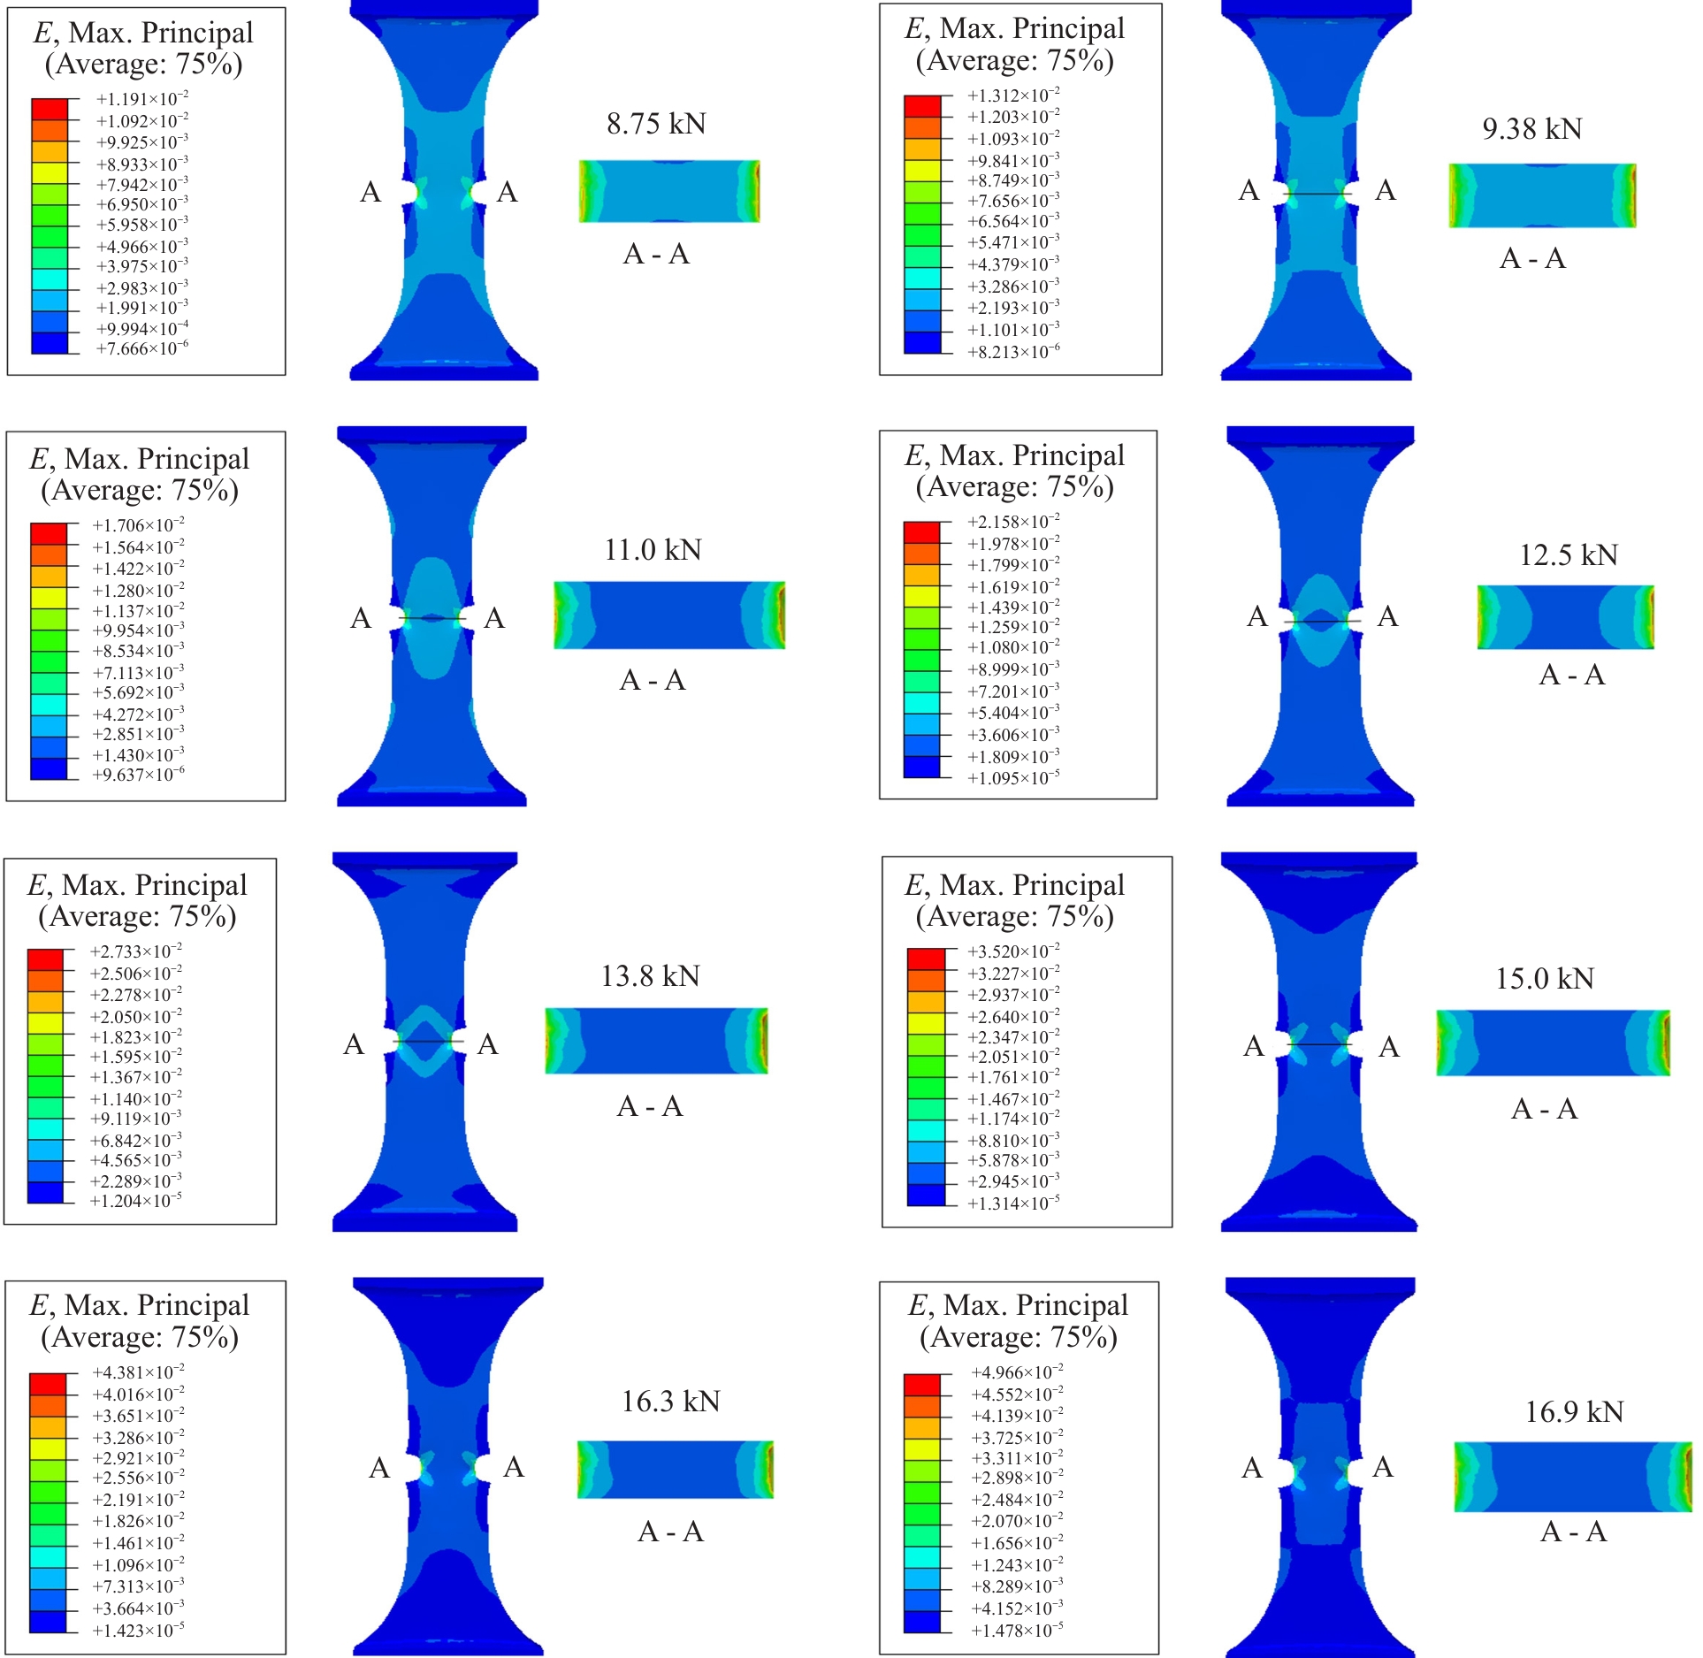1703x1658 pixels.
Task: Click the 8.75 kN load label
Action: point(656,124)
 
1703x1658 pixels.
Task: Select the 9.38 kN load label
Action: point(1532,129)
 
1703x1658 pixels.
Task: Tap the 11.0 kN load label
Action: point(653,550)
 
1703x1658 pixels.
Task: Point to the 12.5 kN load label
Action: point(1569,555)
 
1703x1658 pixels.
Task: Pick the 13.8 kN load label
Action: point(651,976)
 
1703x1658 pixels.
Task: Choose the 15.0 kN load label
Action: point(1545,979)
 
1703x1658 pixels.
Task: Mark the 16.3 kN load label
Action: point(671,1402)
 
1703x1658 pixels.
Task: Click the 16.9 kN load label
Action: point(1575,1412)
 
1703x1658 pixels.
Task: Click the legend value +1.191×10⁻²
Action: point(142,99)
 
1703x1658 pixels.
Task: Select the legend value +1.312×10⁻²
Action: point(1013,96)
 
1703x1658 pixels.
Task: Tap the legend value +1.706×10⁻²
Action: point(139,525)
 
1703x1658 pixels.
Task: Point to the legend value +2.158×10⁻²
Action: point(1013,522)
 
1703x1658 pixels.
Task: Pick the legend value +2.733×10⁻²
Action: point(136,951)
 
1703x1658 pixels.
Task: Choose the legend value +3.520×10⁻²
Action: point(1013,951)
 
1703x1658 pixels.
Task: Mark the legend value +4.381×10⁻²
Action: point(139,1372)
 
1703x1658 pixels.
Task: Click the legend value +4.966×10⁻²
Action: point(1017,1372)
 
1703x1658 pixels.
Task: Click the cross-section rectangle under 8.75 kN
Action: point(669,191)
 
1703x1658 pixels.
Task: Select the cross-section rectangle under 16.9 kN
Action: point(1574,1478)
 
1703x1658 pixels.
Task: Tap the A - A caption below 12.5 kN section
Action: point(1572,676)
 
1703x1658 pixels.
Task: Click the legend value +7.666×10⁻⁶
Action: point(142,349)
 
